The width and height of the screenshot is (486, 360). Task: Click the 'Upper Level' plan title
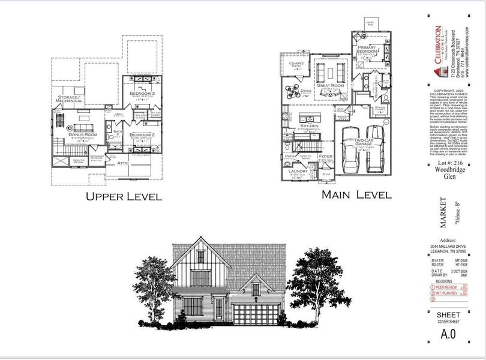[x=124, y=196]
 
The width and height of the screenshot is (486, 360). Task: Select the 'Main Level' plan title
[x=356, y=194]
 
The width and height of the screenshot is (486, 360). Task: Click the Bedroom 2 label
[x=142, y=135]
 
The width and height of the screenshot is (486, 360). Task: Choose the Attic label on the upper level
[x=123, y=162]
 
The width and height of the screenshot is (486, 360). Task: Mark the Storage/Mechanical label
[x=69, y=100]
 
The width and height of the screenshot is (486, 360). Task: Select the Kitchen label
[x=309, y=126]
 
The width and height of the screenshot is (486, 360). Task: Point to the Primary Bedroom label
[x=367, y=49]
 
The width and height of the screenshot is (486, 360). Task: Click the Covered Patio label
[x=296, y=64]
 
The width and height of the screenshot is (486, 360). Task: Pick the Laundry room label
[x=298, y=172]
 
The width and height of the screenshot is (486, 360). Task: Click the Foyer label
[x=326, y=156]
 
